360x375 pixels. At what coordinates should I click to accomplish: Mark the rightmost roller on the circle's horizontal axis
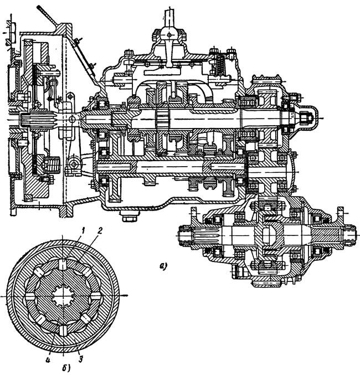[96, 297]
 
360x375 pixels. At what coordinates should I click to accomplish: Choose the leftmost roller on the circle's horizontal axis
[29, 297]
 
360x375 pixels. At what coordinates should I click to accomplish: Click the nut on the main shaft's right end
[306, 117]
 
